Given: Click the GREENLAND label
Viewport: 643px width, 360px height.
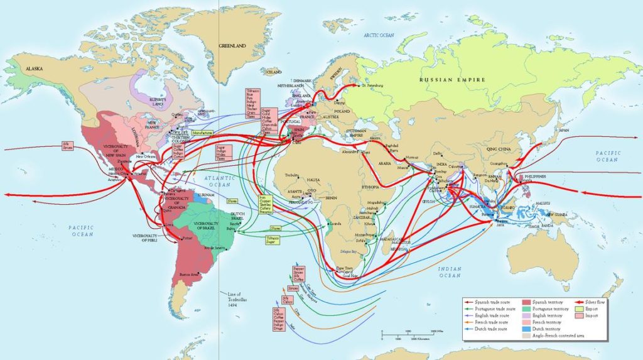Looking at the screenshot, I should [x=232, y=46].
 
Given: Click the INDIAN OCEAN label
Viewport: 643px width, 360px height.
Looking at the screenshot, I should [x=450, y=272].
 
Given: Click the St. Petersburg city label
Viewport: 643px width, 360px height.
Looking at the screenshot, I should [x=370, y=85].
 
